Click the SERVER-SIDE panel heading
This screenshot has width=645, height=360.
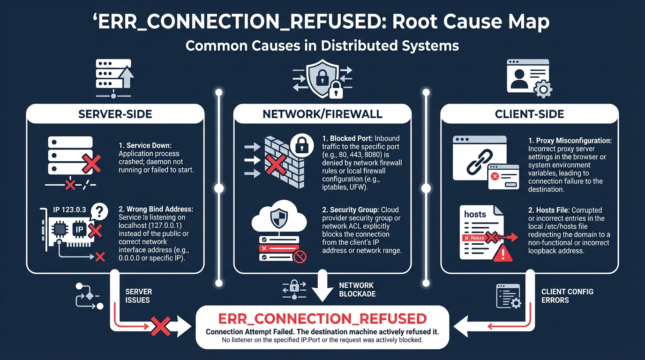point(115,114)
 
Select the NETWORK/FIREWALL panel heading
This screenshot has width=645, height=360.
point(322,114)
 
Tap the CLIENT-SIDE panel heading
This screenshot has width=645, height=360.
point(530,114)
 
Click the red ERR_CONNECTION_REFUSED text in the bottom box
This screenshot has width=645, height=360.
point(322,319)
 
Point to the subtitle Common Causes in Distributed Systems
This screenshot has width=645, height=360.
point(322,45)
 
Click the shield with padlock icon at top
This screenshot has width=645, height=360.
point(322,78)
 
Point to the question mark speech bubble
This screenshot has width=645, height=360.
point(98,210)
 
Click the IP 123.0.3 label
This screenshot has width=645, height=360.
point(69,210)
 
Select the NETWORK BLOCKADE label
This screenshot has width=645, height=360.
point(357,289)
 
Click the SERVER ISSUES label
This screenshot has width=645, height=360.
point(139,295)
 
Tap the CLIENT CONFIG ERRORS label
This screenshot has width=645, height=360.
point(567,295)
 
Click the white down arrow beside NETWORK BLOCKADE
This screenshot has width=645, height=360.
point(322,286)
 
